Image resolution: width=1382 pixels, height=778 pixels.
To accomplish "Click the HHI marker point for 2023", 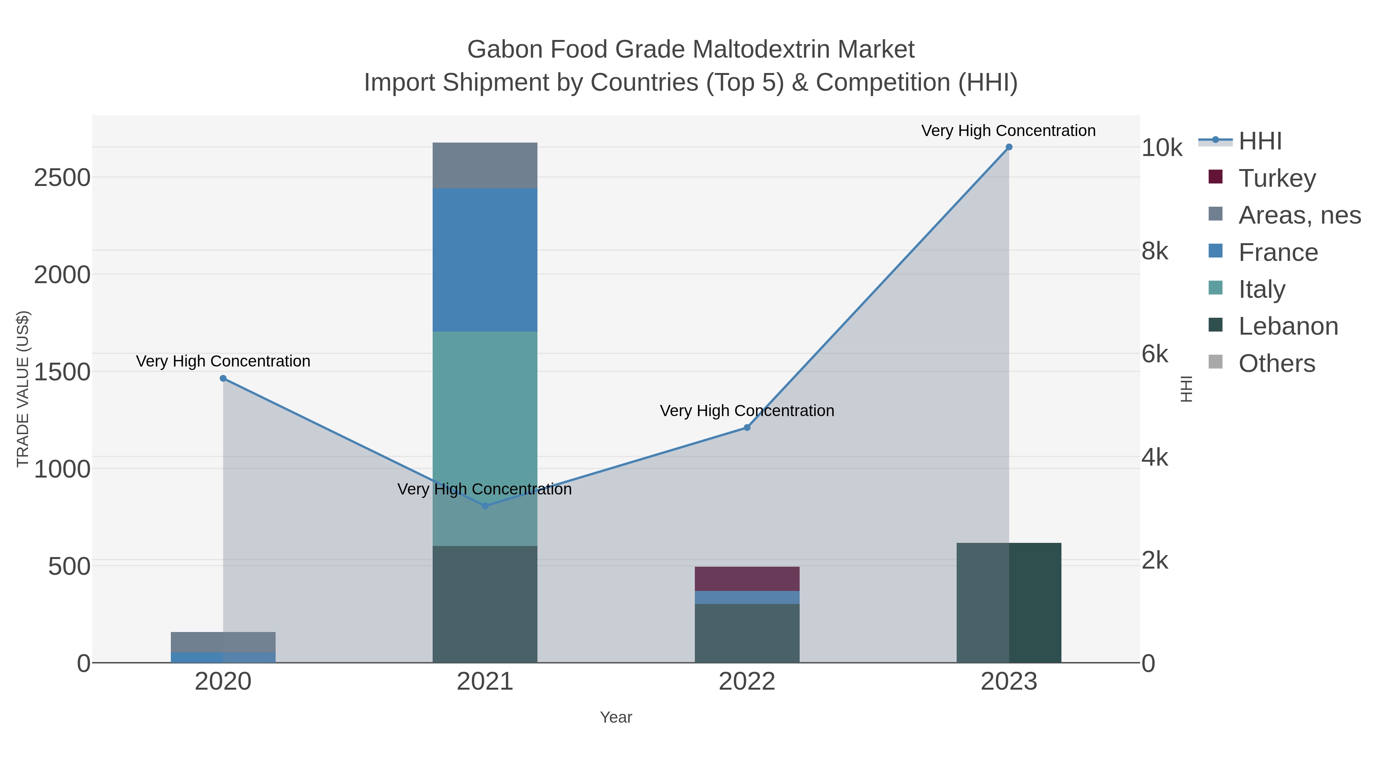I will click(1008, 147).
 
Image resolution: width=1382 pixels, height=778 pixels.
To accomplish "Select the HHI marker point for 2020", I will click(223, 378).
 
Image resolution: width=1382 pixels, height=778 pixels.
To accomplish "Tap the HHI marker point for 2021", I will click(485, 506).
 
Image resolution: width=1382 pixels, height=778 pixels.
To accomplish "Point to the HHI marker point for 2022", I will click(747, 427).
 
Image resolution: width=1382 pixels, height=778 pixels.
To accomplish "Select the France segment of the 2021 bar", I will click(485, 260).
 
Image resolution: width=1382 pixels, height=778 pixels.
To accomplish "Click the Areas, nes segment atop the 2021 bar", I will click(485, 165).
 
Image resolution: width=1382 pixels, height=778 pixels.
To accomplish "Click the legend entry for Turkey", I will click(1277, 178).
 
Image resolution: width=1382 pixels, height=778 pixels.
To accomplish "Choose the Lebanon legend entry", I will click(1288, 326).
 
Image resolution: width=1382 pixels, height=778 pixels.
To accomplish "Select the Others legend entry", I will click(1276, 363).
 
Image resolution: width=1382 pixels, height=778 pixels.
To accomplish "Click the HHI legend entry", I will click(1260, 141).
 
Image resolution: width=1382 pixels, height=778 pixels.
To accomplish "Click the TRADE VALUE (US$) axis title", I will click(23, 389).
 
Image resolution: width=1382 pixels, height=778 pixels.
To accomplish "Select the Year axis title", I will click(616, 717).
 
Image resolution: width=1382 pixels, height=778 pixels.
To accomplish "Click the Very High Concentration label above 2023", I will click(1008, 131).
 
